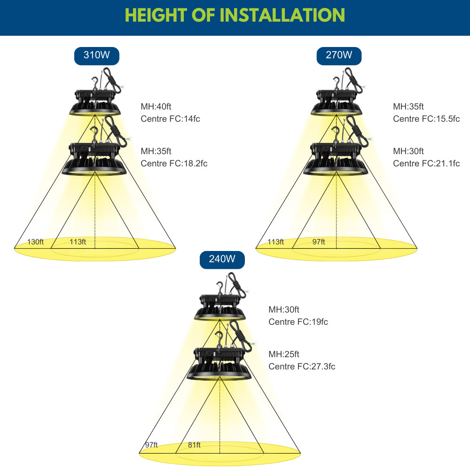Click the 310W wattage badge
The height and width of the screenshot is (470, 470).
[96, 56]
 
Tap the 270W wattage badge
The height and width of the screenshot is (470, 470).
[339, 56]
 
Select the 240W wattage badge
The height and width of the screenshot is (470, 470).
[222, 259]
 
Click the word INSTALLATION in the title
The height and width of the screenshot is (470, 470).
[282, 15]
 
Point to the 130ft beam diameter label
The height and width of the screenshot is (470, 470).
[35, 242]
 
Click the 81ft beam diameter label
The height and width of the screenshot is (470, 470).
[194, 445]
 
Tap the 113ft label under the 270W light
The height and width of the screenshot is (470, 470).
[276, 242]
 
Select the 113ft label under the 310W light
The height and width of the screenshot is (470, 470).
[78, 242]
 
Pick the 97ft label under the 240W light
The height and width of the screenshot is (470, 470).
[151, 445]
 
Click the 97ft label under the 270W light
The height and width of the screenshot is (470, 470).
[319, 242]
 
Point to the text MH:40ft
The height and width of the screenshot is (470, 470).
[156, 106]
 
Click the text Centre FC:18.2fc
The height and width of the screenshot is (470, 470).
[174, 164]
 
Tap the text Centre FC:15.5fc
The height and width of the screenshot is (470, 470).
[426, 119]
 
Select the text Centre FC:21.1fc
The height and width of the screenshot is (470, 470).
[426, 164]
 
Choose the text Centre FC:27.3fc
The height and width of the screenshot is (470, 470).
[302, 366]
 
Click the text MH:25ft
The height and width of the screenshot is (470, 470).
[284, 354]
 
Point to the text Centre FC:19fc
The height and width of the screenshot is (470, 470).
[298, 321]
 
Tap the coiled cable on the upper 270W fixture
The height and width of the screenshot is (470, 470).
[353, 79]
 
